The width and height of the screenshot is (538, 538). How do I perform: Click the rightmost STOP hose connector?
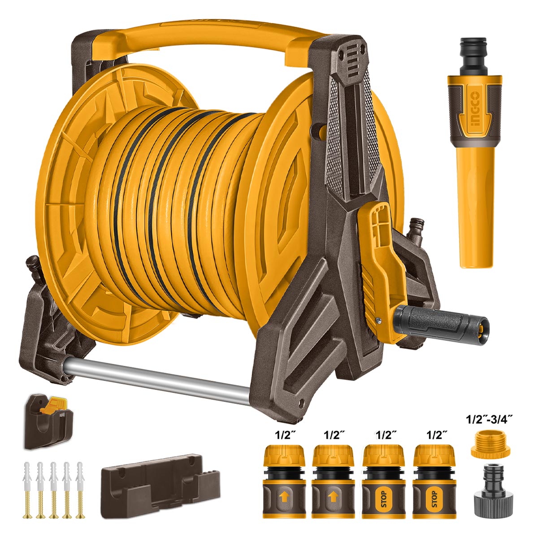coord(434,478)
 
